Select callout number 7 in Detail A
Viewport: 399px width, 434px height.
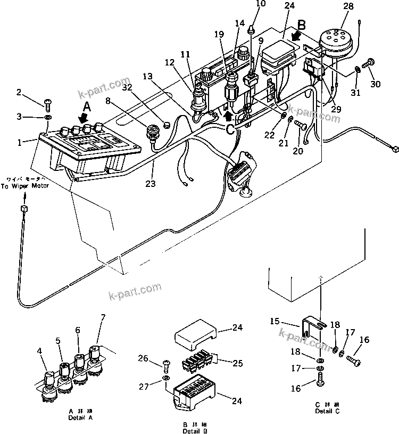(103, 318)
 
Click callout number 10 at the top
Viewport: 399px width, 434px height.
(260, 5)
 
